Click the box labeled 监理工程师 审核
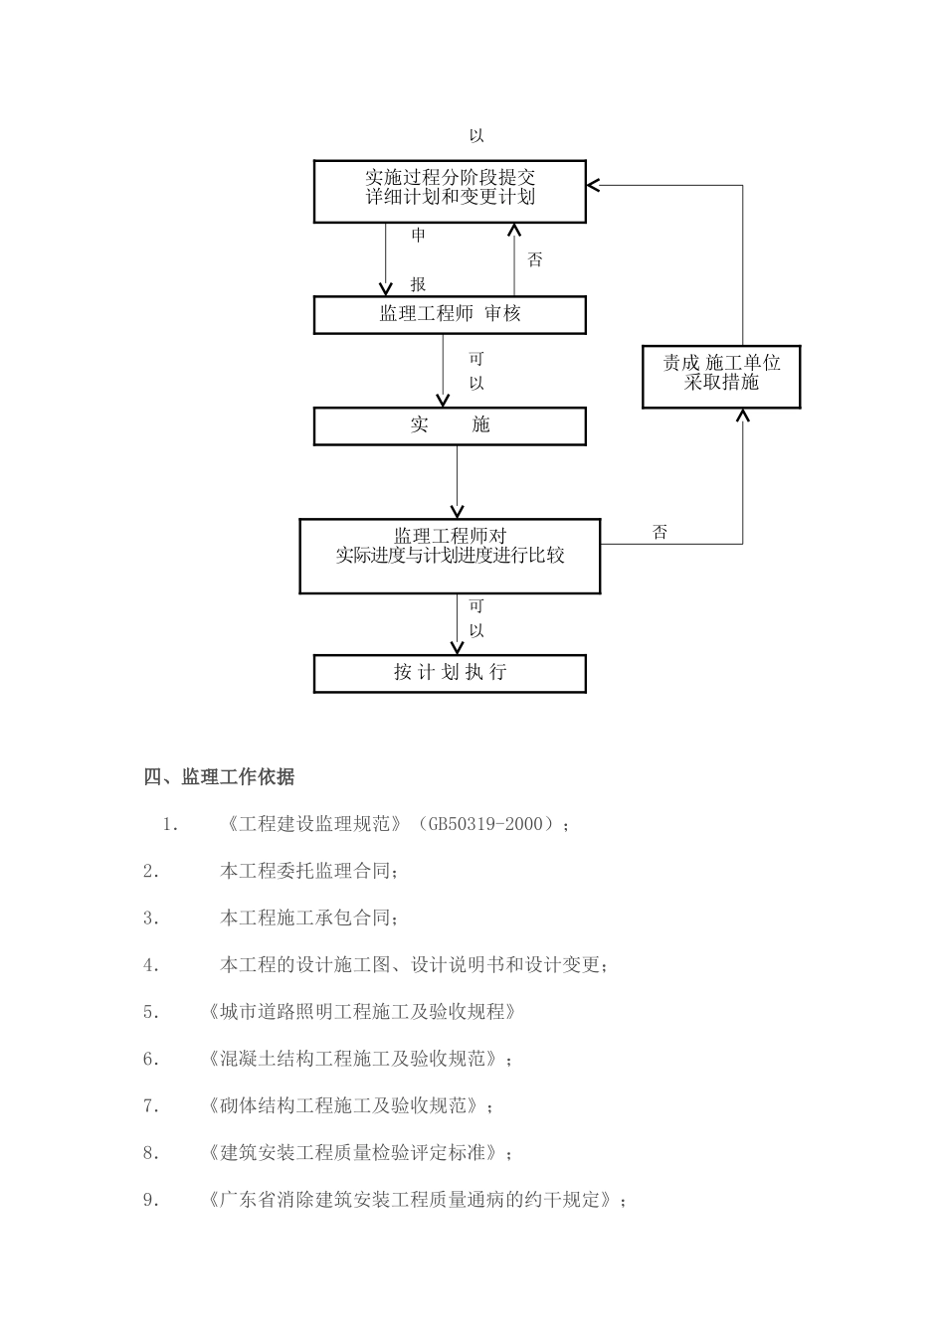(x=450, y=314)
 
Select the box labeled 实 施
(x=450, y=425)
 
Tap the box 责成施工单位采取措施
(x=721, y=376)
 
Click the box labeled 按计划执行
(x=450, y=673)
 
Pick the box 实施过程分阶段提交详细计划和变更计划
(x=450, y=191)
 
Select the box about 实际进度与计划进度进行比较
(x=450, y=556)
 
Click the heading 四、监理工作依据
(x=219, y=777)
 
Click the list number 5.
(x=151, y=1013)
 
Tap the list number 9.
(x=151, y=1201)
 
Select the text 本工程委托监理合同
(x=309, y=872)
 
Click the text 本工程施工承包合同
(x=309, y=918)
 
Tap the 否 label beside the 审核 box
(x=535, y=260)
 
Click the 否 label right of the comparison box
(x=661, y=533)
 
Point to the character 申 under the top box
(x=419, y=236)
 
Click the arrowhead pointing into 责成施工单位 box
(x=742, y=416)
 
